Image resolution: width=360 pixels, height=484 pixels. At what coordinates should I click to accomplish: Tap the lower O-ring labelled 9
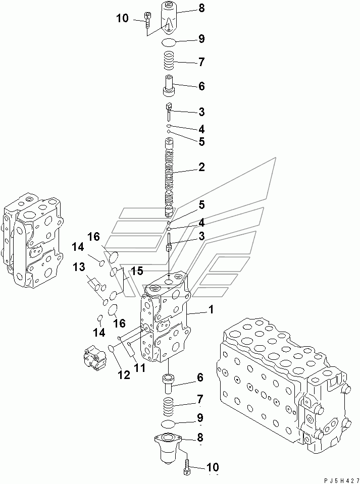coord(170,423)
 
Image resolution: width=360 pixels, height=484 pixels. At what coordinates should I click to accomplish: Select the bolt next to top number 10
coord(147,20)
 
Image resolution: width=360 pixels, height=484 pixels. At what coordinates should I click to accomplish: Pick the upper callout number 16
coord(94,237)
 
